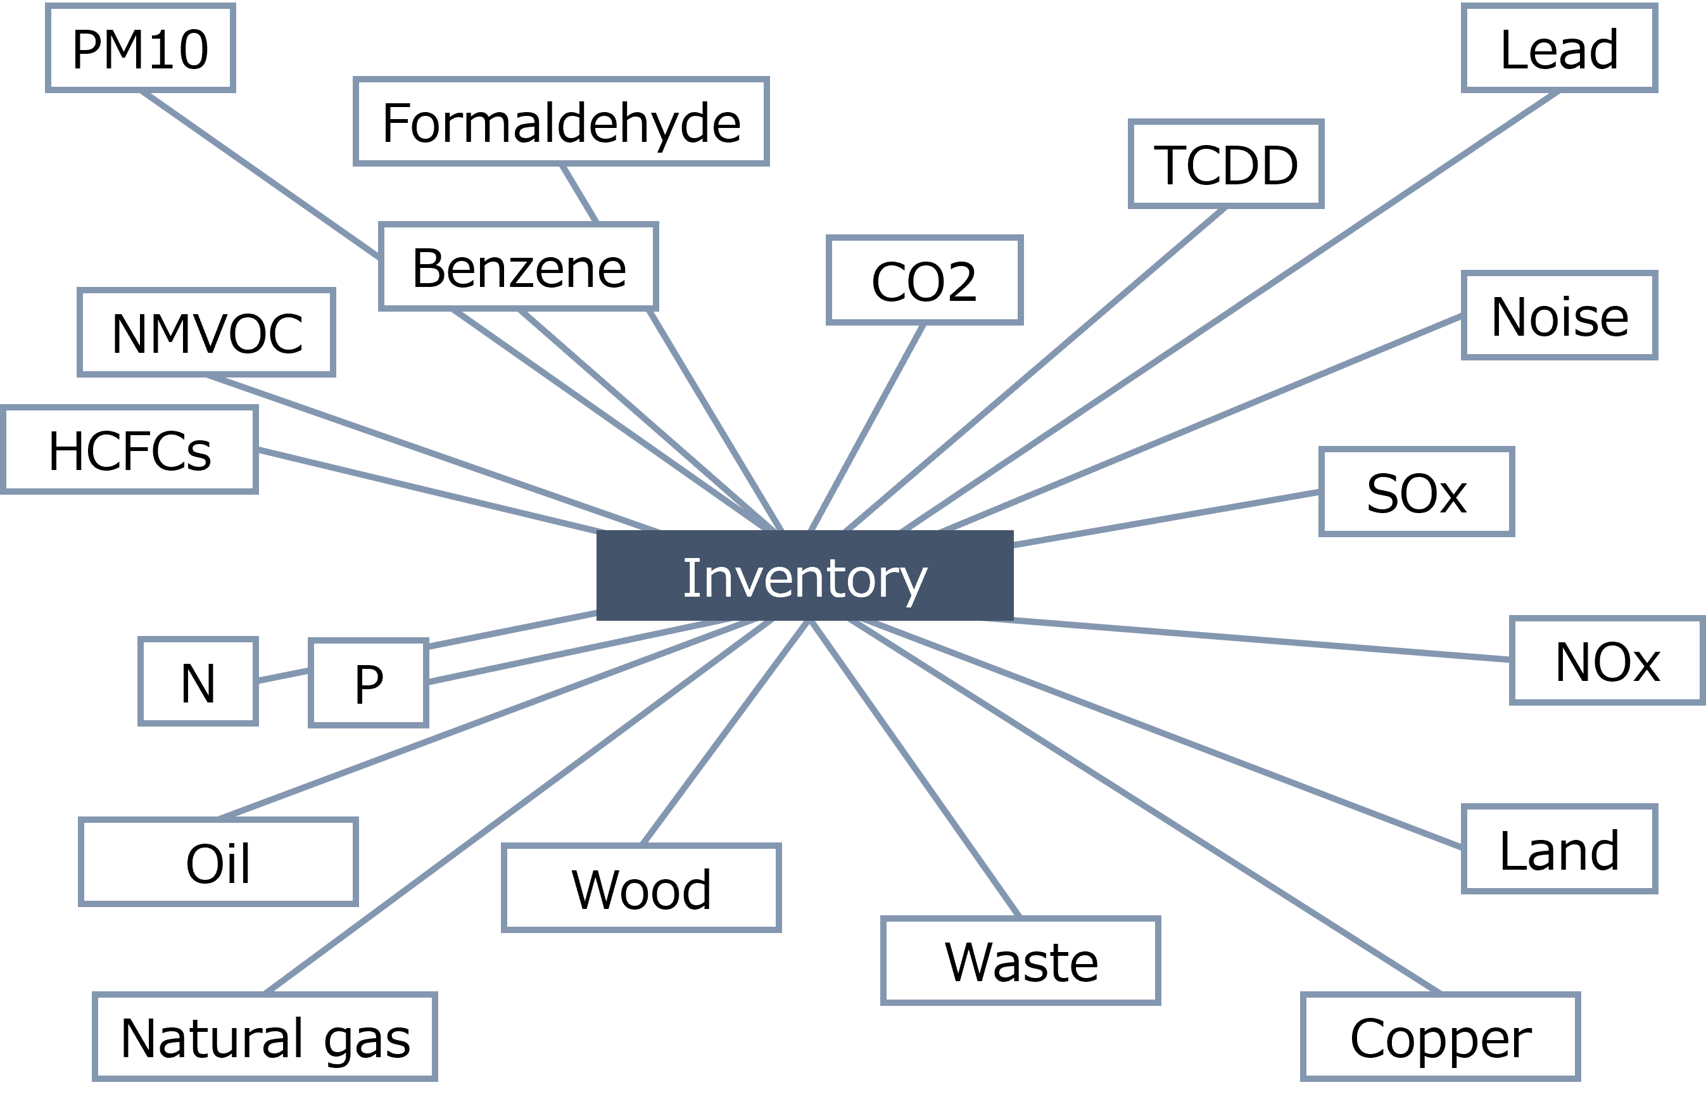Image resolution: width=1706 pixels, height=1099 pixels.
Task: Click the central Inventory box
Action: (x=805, y=575)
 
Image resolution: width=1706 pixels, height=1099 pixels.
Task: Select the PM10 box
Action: (x=141, y=49)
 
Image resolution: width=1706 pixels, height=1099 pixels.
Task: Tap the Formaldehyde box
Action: (x=561, y=122)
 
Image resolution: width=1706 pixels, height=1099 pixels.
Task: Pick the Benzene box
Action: (x=518, y=267)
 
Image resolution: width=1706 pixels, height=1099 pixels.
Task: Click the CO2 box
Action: (x=924, y=281)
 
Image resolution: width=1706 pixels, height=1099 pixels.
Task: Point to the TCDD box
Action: (x=1226, y=164)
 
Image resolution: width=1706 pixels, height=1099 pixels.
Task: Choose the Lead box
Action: (x=1559, y=49)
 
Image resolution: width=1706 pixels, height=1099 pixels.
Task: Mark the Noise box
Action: (x=1559, y=315)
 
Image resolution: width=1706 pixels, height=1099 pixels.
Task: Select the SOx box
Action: (x=1417, y=492)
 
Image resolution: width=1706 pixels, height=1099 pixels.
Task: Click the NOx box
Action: (x=1607, y=661)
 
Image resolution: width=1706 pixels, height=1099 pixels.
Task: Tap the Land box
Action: (x=1559, y=849)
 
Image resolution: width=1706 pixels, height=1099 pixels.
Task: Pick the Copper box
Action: (x=1440, y=1037)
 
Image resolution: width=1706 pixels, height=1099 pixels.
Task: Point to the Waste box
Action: (x=1020, y=960)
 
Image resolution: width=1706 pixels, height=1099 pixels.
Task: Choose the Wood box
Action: (x=641, y=889)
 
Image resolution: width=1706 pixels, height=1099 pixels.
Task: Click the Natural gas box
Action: (x=265, y=1037)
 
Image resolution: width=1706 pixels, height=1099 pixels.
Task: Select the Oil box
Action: (x=218, y=862)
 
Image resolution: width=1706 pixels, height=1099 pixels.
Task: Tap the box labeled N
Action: (x=198, y=682)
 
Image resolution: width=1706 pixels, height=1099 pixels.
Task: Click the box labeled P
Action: (x=368, y=683)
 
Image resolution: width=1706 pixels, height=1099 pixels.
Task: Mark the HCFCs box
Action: (x=129, y=450)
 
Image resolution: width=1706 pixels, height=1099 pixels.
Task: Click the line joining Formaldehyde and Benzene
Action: (x=579, y=194)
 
